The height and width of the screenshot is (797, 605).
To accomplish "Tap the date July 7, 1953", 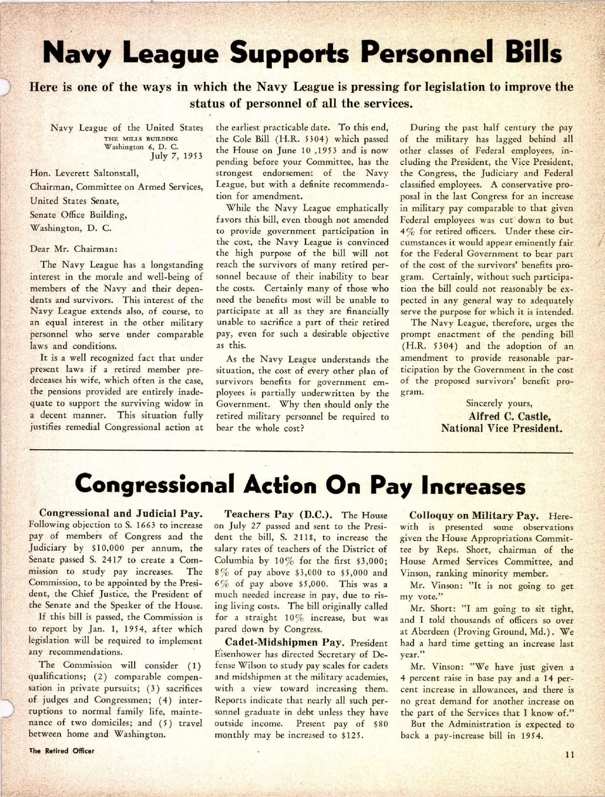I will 176,155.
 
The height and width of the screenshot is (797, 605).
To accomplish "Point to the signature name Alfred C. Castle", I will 509,416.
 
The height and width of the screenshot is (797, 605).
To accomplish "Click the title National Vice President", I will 502,429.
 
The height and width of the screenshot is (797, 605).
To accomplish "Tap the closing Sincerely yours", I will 499,403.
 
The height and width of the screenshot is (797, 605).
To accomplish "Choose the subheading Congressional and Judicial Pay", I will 121,514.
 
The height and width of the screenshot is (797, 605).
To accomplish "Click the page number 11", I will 570,755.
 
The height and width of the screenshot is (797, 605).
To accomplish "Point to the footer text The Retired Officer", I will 62,751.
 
